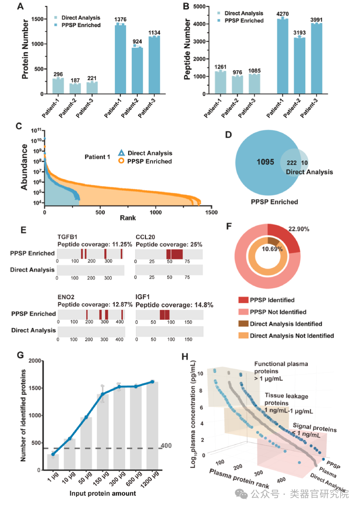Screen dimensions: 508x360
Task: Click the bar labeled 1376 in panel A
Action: (120, 59)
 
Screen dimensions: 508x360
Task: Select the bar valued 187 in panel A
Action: (75, 89)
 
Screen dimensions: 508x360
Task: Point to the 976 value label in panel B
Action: (237, 72)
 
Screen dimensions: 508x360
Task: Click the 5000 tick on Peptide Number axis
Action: (199, 7)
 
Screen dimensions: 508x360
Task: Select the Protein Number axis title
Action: (25, 49)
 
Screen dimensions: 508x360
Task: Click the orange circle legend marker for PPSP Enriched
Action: (121, 161)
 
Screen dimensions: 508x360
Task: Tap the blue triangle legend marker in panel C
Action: (121, 153)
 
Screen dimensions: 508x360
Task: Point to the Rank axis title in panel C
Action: (128, 218)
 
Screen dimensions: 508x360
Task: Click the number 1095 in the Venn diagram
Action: (265, 162)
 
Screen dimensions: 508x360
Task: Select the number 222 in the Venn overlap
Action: (292, 163)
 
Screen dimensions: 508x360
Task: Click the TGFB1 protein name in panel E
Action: (67, 237)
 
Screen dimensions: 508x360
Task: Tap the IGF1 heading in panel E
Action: (143, 297)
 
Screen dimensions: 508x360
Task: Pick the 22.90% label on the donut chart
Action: (299, 229)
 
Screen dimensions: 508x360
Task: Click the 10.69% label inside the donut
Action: (272, 249)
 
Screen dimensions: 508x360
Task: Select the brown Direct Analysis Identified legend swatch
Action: (243, 324)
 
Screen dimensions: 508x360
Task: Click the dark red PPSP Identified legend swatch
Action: (243, 300)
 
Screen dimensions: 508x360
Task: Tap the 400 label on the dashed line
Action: (166, 446)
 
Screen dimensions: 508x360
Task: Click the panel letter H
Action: (185, 357)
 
